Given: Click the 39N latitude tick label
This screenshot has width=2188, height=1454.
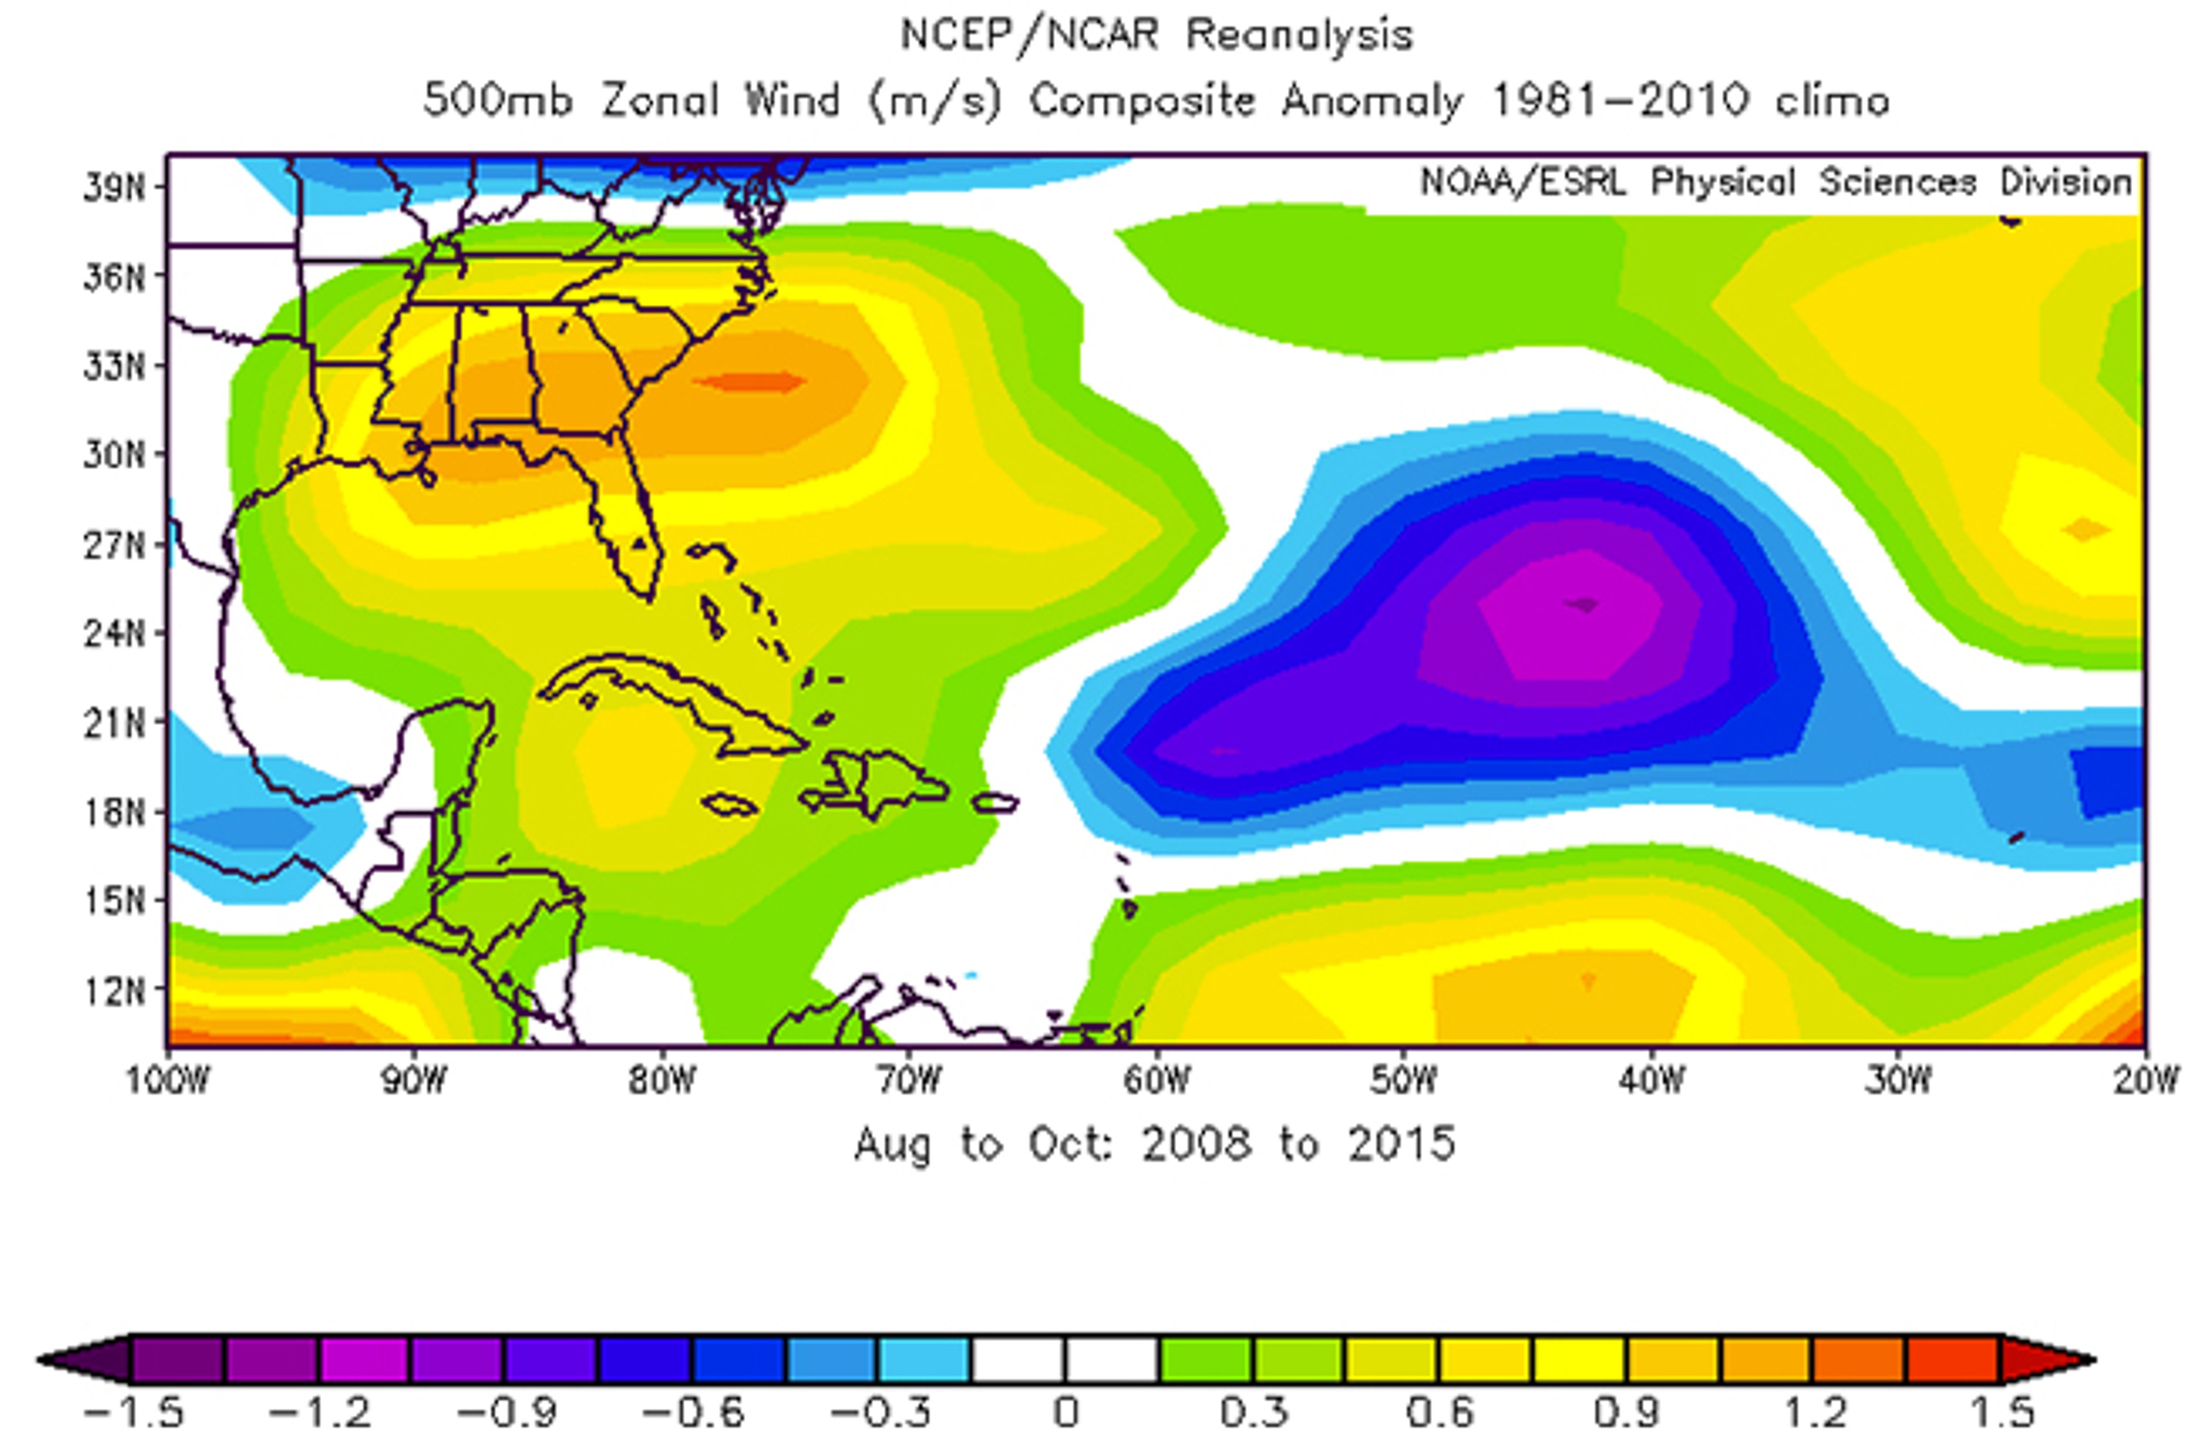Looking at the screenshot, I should pyautogui.click(x=114, y=188).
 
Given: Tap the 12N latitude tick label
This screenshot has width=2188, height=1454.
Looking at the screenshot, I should pyautogui.click(x=114, y=992).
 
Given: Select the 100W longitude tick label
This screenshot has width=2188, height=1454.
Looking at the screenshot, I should pyautogui.click(x=168, y=1080).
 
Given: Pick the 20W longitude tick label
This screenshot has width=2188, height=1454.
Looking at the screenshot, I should pyautogui.click(x=2145, y=1080).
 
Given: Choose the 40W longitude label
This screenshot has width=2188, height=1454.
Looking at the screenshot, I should pyautogui.click(x=1651, y=1080).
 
